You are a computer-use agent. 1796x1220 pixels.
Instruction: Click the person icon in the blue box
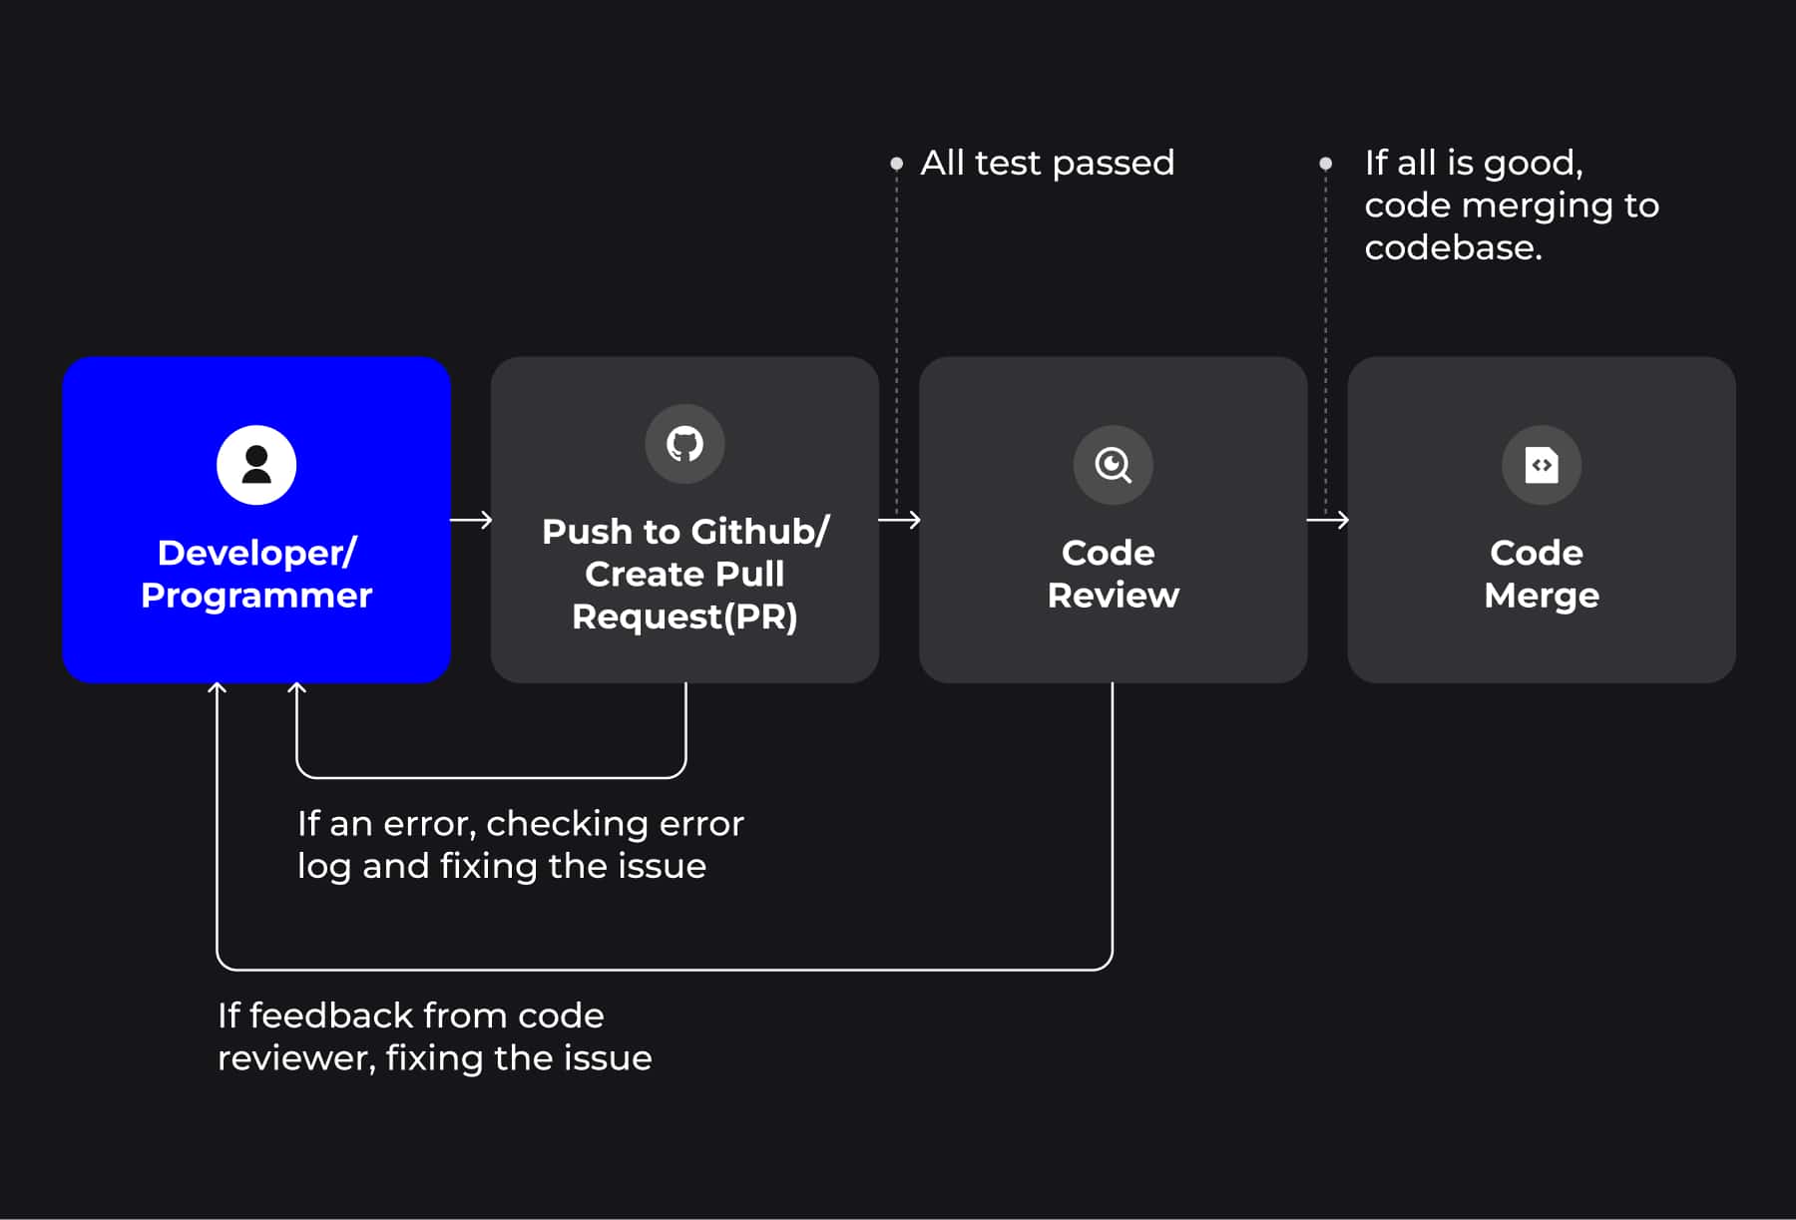[x=256, y=465]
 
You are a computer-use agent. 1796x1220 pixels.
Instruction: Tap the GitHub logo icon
[x=684, y=443]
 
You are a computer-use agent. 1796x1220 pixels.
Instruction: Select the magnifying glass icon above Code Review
[x=1113, y=465]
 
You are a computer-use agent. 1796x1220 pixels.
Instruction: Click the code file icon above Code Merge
[x=1542, y=465]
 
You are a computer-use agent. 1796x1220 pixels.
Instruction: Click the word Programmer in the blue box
[x=256, y=596]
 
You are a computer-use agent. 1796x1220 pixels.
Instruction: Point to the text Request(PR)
[x=684, y=616]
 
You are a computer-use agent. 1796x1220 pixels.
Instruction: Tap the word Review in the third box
[x=1113, y=596]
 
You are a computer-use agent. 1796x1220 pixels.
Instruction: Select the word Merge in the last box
[x=1542, y=596]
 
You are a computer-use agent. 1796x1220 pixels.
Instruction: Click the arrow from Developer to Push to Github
[x=471, y=520]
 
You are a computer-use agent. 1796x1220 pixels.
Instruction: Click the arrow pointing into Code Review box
[x=900, y=520]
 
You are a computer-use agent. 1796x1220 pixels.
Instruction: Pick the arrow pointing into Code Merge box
[x=1328, y=520]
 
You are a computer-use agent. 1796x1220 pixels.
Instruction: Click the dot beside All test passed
[x=896, y=163]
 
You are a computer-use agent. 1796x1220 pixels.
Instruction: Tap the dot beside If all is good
[x=1325, y=163]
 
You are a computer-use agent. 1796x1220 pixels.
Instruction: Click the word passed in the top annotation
[x=1113, y=163]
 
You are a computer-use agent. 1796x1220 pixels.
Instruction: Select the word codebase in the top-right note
[x=1452, y=247]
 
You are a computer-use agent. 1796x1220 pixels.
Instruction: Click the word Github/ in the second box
[x=760, y=532]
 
